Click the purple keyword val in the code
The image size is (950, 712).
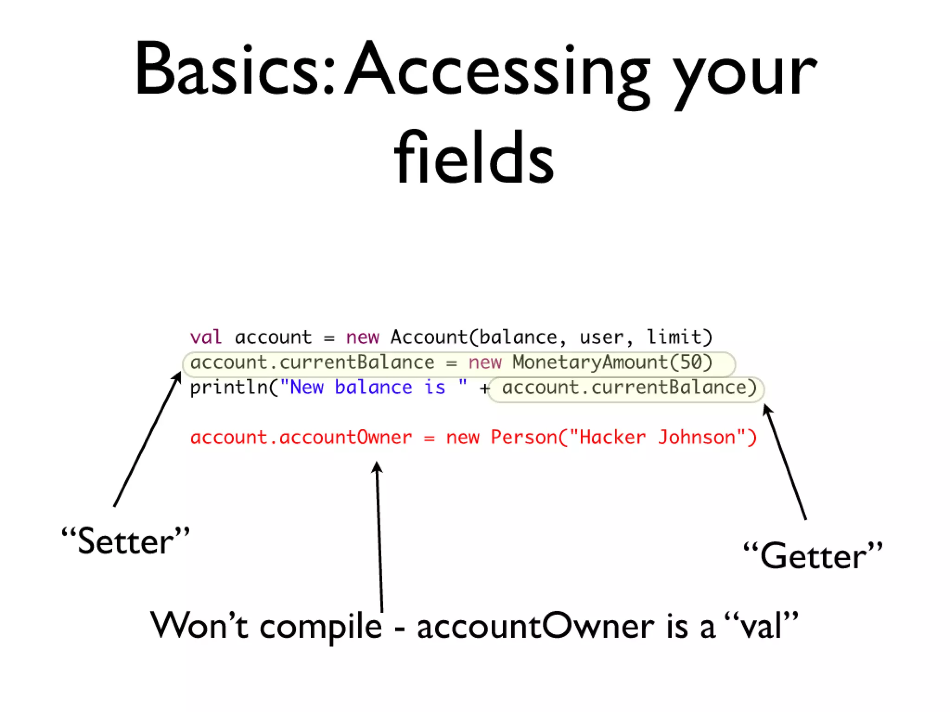205,337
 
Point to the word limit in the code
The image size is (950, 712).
674,337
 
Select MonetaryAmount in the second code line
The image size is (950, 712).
590,362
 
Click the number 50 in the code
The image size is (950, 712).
691,362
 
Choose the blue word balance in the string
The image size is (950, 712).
373,388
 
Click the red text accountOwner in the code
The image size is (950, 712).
346,438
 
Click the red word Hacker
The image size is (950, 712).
612,438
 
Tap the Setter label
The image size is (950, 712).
126,541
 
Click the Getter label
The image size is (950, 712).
813,555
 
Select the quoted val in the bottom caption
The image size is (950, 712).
761,626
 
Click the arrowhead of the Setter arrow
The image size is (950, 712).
178,375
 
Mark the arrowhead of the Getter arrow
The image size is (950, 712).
766,409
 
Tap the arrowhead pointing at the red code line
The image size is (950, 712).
377,466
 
